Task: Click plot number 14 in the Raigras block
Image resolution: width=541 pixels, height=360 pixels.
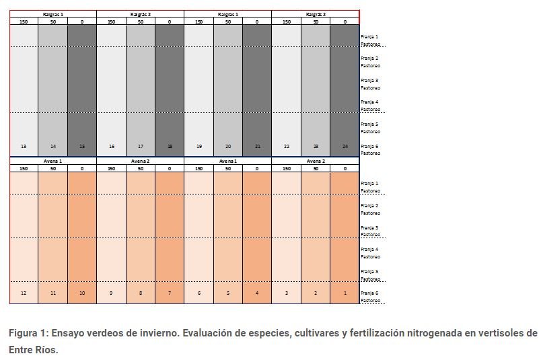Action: [x=53, y=146]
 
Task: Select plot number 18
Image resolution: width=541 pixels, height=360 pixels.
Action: [x=170, y=146]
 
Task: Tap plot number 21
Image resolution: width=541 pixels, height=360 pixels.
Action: [x=257, y=146]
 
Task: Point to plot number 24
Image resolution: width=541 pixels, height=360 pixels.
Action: [x=345, y=146]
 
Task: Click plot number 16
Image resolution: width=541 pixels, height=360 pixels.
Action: [x=111, y=146]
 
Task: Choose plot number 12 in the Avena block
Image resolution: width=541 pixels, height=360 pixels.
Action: [x=24, y=293]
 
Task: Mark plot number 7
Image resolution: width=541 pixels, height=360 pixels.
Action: [x=170, y=293]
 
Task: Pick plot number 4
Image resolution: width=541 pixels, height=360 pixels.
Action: [x=257, y=293]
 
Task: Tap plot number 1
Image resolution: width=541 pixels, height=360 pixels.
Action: [x=345, y=293]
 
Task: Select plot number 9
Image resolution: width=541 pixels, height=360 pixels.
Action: [x=111, y=293]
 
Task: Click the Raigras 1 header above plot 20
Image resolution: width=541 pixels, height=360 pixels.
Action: [x=227, y=14]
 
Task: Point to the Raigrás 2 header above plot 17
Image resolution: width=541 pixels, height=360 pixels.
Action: [x=140, y=14]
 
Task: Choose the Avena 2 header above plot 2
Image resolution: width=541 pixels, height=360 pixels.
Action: [x=316, y=161]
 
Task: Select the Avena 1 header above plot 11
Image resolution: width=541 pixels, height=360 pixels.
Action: [x=52, y=161]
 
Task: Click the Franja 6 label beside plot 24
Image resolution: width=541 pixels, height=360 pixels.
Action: [x=369, y=146]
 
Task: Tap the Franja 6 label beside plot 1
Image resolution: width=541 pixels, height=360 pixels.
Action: [x=369, y=293]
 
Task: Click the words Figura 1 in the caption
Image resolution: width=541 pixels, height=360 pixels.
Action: [x=28, y=333]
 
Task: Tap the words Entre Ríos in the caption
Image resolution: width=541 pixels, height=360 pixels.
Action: [x=33, y=350]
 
